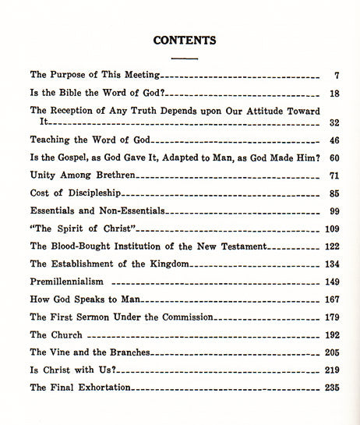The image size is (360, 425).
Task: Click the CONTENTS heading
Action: coord(185,40)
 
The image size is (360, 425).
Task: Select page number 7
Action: coord(336,76)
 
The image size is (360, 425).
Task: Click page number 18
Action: coord(334,94)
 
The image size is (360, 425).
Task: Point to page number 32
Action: coord(334,123)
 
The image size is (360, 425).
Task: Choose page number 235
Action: coord(331,388)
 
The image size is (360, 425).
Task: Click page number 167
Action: coord(331,299)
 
